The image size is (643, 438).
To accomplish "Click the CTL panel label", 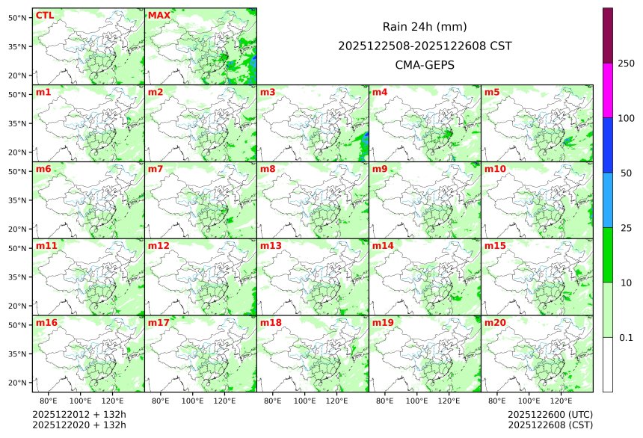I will tap(44, 15).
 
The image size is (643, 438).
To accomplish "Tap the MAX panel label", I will tap(159, 15).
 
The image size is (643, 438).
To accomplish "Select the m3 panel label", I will tap(268, 92).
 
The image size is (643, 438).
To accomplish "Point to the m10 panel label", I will tap(495, 169).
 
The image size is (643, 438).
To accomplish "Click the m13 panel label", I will tap(271, 245).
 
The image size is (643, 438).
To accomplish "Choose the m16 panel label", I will tap(46, 322).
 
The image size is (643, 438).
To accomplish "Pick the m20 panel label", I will tap(495, 322).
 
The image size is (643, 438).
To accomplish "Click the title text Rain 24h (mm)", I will tap(425, 27).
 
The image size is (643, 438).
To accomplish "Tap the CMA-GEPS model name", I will tap(425, 65).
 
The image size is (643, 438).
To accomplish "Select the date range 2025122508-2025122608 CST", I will tap(425, 46).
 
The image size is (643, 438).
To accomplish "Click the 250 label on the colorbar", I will tap(626, 63).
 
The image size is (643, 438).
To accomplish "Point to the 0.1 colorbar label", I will tap(626, 337).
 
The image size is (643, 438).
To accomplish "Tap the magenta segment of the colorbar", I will tap(608, 90).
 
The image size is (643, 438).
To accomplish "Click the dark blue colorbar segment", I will tap(608, 145).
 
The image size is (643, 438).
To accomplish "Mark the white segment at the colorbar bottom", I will tap(608, 364).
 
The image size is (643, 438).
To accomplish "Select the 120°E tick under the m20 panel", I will tap(562, 401).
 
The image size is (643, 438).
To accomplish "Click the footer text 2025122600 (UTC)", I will tap(550, 414).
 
